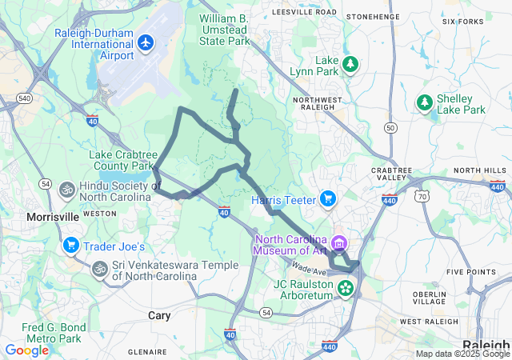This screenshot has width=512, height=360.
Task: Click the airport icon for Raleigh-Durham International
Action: point(146,42)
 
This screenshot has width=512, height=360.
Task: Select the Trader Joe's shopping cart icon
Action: point(71,246)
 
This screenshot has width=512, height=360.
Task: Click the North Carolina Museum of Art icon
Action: point(339,242)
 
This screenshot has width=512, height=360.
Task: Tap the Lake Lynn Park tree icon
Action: point(350,64)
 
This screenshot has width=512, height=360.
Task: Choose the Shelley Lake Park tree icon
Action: point(425,102)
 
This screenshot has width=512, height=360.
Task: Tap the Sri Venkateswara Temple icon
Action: point(100,267)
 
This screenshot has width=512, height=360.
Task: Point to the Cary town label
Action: point(159,316)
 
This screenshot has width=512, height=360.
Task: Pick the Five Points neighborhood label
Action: point(470,272)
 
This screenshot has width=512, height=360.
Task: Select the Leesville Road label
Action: point(304,13)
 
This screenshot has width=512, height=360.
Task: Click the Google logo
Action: point(26,350)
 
